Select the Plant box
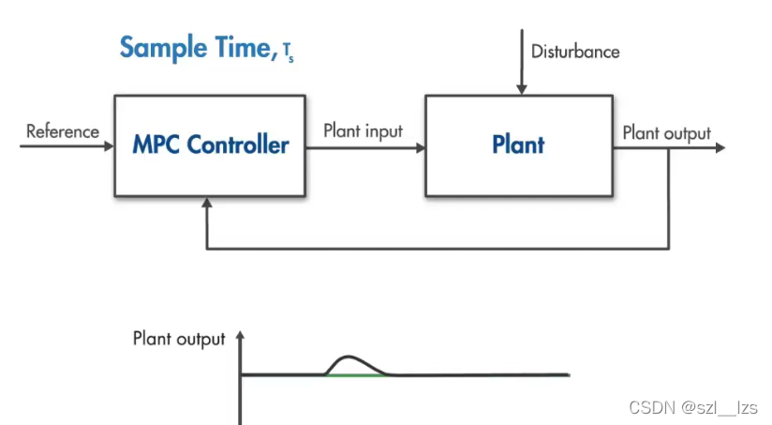(518, 145)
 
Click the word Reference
(63, 131)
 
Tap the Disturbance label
(575, 52)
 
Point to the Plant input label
(363, 130)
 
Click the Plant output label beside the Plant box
(666, 132)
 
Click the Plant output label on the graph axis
(179, 339)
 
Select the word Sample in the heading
(160, 47)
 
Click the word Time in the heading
(239, 47)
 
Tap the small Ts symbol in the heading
(287, 53)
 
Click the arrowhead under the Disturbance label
(522, 89)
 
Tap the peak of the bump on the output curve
(349, 357)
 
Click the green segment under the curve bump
(356, 375)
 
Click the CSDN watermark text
(692, 407)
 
